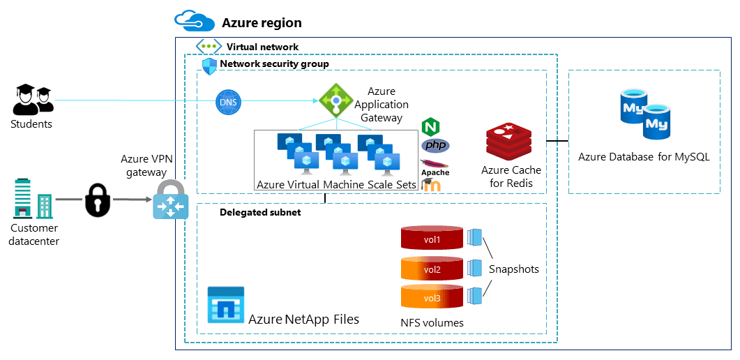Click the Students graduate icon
[x=32, y=100]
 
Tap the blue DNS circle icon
[x=228, y=103]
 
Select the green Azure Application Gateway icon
[x=335, y=101]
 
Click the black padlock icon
[x=97, y=200]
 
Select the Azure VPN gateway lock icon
[x=171, y=200]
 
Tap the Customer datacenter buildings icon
[x=32, y=199]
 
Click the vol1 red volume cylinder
[x=432, y=238]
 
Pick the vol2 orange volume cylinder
[x=432, y=268]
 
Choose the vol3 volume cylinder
[x=432, y=297]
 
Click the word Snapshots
[x=513, y=269]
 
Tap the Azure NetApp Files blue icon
[x=226, y=304]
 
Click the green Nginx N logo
[x=431, y=127]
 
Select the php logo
[x=435, y=145]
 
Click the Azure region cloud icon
[x=194, y=22]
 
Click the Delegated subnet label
[x=260, y=212]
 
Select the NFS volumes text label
[x=432, y=322]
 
